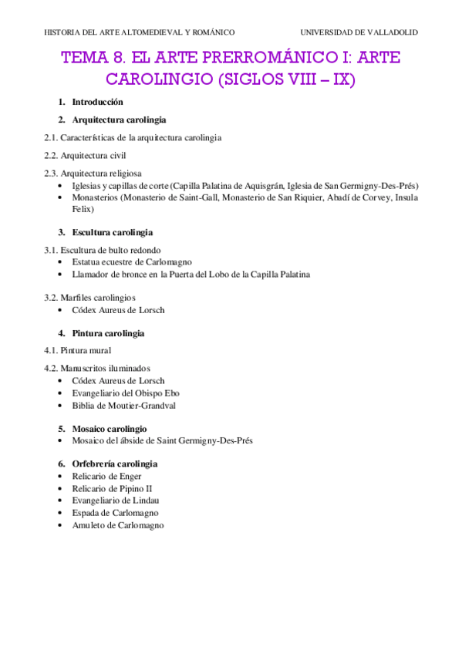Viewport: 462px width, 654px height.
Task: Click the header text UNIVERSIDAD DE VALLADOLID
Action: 359,32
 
